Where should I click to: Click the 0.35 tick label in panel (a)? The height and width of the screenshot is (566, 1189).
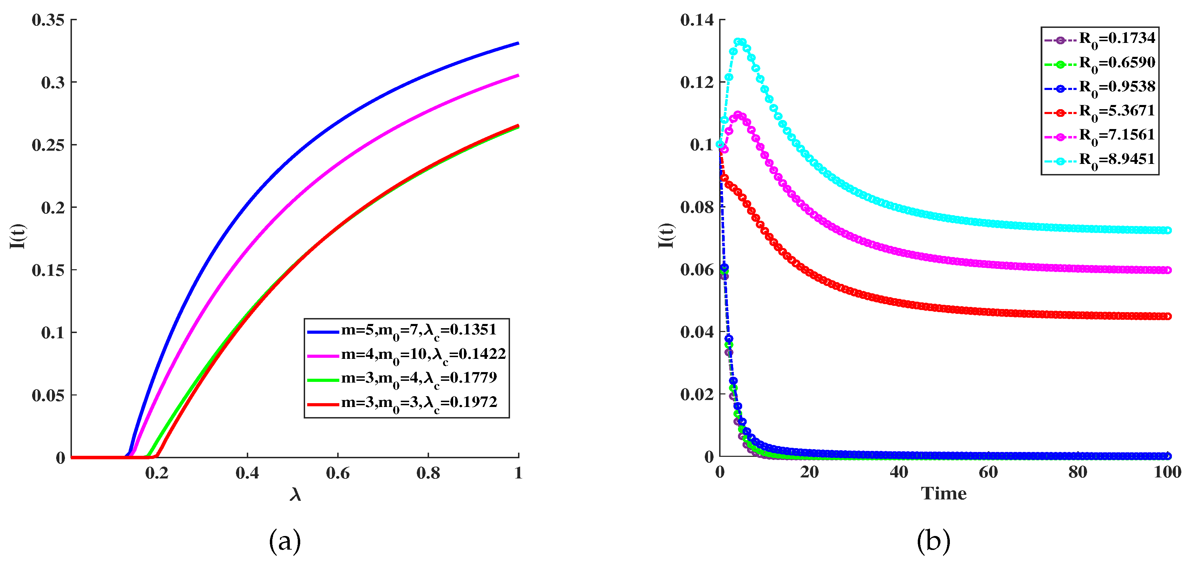click(x=47, y=20)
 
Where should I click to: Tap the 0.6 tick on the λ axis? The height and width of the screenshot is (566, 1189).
click(x=338, y=473)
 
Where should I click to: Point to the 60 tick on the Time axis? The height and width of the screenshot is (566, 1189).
click(x=988, y=472)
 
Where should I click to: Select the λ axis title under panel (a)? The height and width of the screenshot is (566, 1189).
click(x=295, y=495)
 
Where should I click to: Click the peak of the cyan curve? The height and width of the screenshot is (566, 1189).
click(x=740, y=41)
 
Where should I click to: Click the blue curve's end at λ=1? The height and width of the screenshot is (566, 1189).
click(x=518, y=43)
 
